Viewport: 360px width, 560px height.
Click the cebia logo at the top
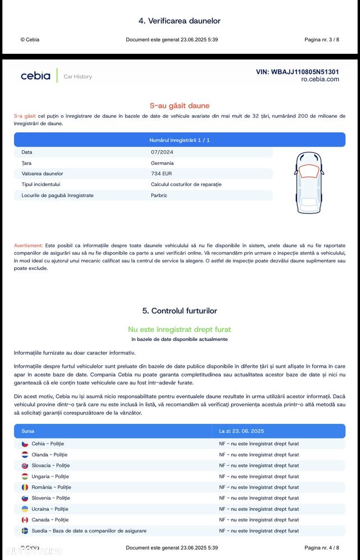pos(36,76)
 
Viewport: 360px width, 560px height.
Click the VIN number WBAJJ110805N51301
pos(297,72)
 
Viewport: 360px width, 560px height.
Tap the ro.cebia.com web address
pos(320,80)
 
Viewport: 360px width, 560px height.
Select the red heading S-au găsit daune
pos(179,105)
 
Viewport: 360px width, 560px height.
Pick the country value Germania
pos(162,163)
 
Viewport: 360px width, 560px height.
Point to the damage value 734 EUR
pos(161,174)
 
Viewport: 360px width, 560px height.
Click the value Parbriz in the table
pos(159,196)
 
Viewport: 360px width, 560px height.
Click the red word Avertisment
pos(28,246)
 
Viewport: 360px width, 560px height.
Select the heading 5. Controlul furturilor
pos(179,311)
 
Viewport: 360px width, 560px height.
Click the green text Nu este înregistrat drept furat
pos(179,330)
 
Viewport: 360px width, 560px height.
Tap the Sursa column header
pos(27,431)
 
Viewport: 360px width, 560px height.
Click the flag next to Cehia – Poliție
pos(25,444)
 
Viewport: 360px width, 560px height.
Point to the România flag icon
pos(25,487)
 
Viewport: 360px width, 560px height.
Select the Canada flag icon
pos(25,520)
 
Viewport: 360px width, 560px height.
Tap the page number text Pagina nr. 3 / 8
pos(321,40)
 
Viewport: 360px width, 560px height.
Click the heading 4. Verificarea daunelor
pos(179,21)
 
